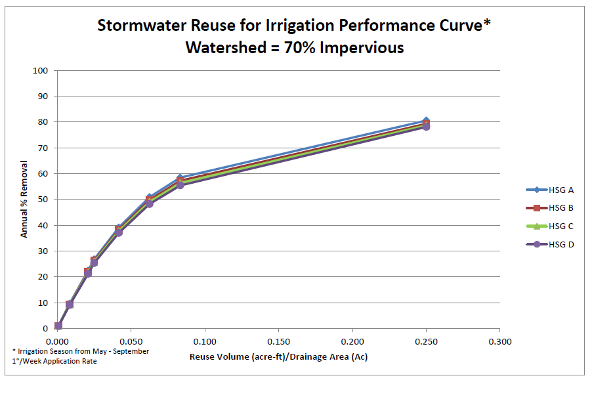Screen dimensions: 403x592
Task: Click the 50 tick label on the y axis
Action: (x=44, y=200)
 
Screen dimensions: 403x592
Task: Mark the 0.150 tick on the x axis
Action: (x=279, y=341)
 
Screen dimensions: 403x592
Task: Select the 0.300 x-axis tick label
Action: (x=500, y=341)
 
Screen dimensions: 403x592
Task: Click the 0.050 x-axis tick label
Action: (x=131, y=341)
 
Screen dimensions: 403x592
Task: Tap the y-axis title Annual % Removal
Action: (x=24, y=199)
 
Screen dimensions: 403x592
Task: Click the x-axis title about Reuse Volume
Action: (x=278, y=357)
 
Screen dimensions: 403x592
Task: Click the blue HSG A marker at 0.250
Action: (x=426, y=121)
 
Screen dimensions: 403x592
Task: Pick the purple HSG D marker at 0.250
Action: (x=426, y=127)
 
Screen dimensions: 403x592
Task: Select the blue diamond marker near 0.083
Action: (x=180, y=178)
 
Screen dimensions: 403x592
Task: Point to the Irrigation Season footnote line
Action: (x=81, y=351)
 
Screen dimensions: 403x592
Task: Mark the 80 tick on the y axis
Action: (x=44, y=122)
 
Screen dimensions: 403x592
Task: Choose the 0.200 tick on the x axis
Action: (x=352, y=341)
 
